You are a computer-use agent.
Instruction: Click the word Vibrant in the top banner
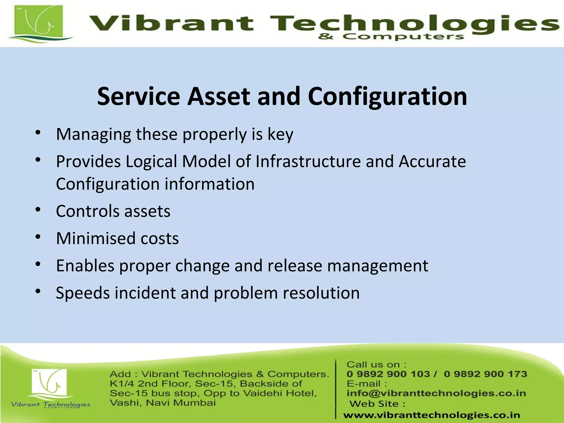171,23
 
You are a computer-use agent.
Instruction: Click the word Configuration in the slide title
387,96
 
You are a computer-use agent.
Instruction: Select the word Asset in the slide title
218,96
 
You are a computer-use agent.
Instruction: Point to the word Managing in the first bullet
93,134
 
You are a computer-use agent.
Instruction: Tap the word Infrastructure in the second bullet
308,161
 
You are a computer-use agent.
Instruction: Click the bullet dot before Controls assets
38,210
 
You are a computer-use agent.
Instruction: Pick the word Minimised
96,238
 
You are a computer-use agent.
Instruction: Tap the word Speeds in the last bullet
83,293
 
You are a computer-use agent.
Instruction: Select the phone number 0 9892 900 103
388,374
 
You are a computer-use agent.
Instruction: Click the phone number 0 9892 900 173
485,374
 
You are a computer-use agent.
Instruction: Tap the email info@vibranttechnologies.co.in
436,393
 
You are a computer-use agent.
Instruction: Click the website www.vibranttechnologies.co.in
432,415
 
